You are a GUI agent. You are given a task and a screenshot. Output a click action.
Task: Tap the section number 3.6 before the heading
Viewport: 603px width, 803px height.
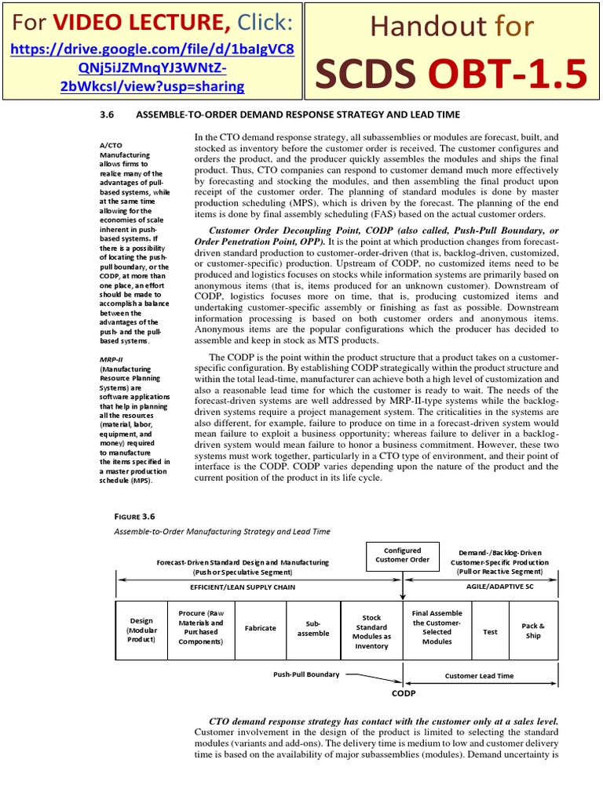(x=108, y=114)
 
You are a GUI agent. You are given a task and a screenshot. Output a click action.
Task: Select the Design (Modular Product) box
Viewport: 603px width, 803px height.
(x=142, y=630)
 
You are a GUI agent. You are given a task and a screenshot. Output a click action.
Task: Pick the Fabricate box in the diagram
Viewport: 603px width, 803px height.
(x=260, y=627)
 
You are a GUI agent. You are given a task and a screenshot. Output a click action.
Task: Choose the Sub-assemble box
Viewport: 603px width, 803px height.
(x=313, y=628)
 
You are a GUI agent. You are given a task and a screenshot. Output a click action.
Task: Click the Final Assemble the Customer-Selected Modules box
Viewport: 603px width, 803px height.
(x=437, y=627)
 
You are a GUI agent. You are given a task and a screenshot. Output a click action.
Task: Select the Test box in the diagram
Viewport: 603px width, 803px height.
(x=490, y=630)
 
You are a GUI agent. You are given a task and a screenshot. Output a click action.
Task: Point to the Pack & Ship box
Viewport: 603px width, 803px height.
(x=533, y=630)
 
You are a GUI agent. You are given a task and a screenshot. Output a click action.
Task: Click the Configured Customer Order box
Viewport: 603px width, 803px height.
(x=402, y=555)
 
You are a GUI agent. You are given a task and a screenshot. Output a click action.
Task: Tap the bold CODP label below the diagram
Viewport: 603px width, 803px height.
(x=404, y=693)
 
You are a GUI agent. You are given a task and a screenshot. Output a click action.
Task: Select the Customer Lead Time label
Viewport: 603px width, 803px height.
(x=479, y=675)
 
